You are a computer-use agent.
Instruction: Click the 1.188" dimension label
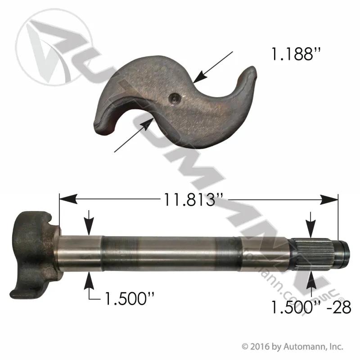click(x=295, y=54)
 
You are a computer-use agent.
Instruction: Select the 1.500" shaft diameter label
click(x=129, y=298)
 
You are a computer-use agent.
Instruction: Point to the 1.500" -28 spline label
click(x=311, y=307)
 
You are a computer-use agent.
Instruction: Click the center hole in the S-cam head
click(x=173, y=99)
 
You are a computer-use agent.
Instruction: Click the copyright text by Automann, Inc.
click(x=292, y=346)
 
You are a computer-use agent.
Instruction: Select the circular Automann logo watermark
click(x=54, y=47)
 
